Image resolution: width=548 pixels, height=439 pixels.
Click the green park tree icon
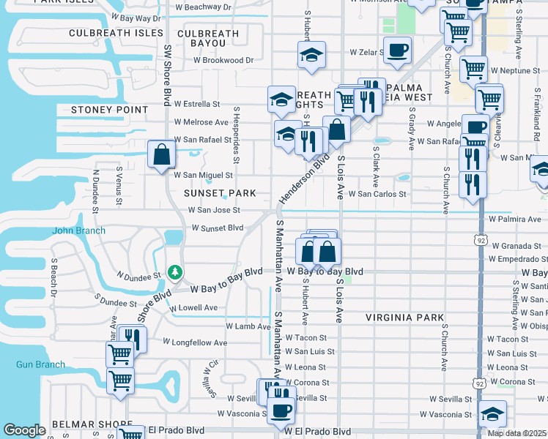pos(175,272)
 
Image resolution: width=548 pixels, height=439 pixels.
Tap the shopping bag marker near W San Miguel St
pos(161,155)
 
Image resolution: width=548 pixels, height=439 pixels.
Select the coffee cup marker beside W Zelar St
pos(397,50)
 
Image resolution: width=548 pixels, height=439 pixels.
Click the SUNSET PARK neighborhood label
pos(220,193)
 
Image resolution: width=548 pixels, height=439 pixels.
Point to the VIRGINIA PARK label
pos(405,318)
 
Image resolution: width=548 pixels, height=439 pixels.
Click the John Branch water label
pos(78,230)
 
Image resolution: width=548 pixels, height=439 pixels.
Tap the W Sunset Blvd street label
pos(217,228)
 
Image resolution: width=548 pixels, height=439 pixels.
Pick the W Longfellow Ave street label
pos(195,342)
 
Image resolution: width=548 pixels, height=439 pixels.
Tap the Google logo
pos(24,430)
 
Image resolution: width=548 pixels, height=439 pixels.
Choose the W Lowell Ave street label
pos(193,307)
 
